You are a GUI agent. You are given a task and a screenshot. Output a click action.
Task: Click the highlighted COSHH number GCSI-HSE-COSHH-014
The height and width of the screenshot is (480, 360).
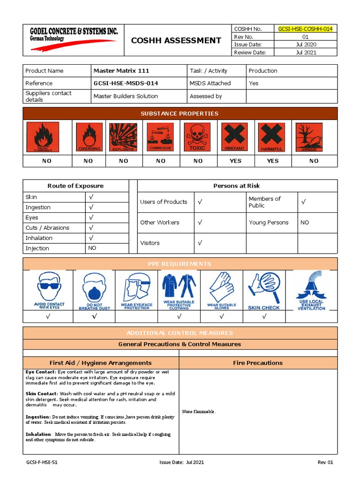pyautogui.click(x=305, y=29)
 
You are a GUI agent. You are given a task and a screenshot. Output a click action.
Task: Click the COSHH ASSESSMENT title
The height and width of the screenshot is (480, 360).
pyautogui.click(x=176, y=40)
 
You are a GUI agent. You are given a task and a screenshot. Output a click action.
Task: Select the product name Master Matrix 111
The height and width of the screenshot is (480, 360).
pyautogui.click(x=121, y=71)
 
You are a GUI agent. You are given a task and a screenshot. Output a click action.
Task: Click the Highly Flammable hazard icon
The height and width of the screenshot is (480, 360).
pyautogui.click(x=43, y=137)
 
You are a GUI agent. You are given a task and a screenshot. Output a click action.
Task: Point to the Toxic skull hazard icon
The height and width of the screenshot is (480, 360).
pyautogui.click(x=197, y=137)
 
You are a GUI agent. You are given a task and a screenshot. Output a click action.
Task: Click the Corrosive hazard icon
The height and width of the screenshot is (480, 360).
pyautogui.click(x=160, y=137)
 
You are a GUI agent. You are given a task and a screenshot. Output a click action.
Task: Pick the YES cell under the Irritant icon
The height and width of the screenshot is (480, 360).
pyautogui.click(x=235, y=161)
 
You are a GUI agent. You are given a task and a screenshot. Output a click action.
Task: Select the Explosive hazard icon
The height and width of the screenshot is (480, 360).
pyautogui.click(x=123, y=137)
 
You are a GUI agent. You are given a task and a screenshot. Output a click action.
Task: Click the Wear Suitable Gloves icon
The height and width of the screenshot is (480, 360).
pyautogui.click(x=222, y=290)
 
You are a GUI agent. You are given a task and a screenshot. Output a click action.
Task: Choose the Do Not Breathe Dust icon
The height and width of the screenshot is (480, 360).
pyautogui.click(x=94, y=290)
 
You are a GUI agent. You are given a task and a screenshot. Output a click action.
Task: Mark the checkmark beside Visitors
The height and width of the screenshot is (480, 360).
pyautogui.click(x=200, y=243)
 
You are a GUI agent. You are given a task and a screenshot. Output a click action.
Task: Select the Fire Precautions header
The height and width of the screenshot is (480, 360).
pyautogui.click(x=258, y=363)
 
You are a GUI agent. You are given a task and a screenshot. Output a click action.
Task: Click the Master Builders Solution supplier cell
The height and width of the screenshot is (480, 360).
pyautogui.click(x=126, y=96)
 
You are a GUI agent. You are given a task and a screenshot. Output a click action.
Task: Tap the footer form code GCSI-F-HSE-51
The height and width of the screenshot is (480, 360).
pyautogui.click(x=42, y=463)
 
